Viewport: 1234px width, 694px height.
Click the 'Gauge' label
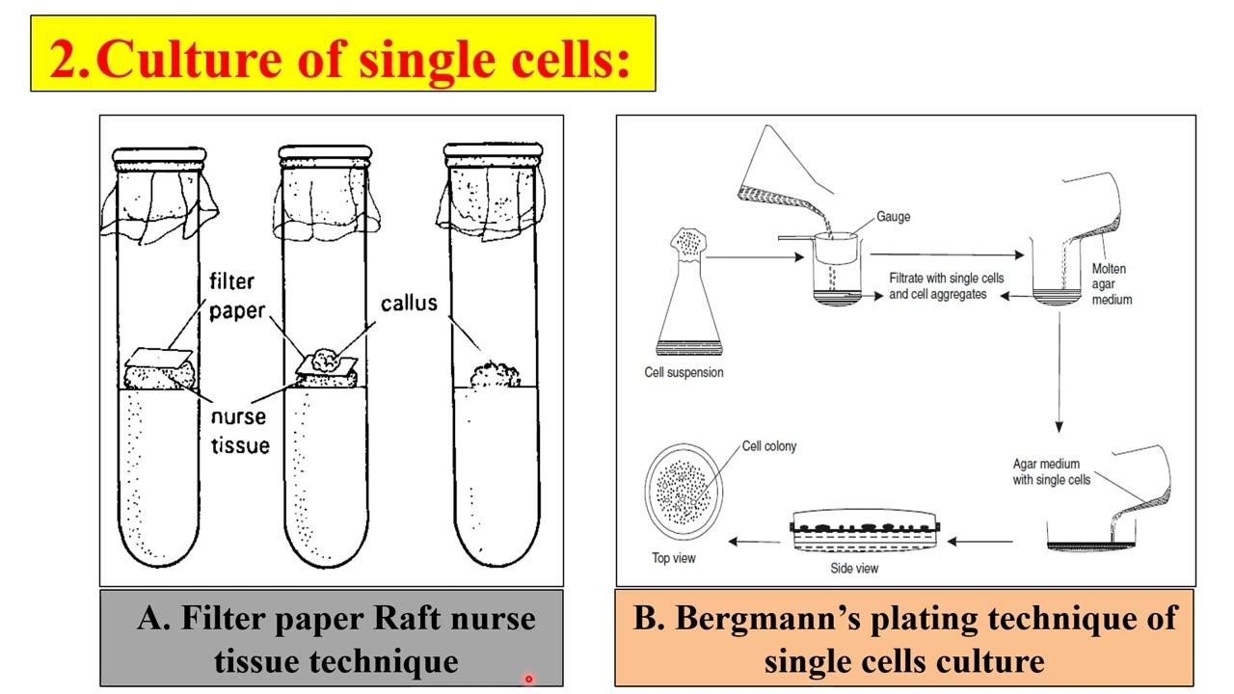click(893, 217)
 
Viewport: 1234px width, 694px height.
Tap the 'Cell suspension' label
click(684, 372)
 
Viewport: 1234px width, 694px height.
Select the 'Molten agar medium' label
click(1112, 284)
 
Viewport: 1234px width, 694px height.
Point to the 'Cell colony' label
click(769, 446)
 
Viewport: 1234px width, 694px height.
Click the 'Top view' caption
click(674, 558)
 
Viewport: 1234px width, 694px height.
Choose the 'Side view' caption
click(854, 568)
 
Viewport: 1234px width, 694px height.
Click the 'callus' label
click(409, 303)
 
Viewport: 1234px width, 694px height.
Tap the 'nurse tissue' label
click(240, 432)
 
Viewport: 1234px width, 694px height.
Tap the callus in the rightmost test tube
click(494, 374)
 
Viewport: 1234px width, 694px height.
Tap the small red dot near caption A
click(528, 679)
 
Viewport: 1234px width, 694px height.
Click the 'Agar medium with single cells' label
click(1052, 471)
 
